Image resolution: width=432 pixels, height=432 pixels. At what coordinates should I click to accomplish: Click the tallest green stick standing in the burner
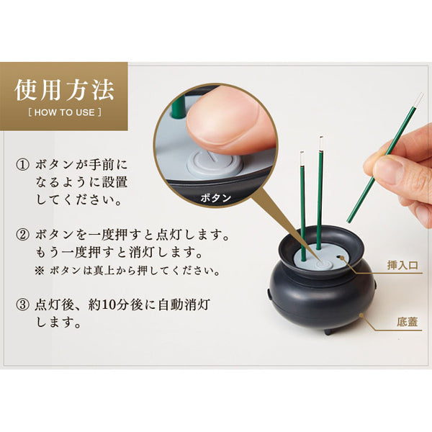pos(319,194)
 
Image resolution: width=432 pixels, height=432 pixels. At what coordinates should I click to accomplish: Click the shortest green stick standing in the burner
pos(303,209)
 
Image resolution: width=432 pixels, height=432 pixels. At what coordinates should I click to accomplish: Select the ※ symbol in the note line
pos(38,271)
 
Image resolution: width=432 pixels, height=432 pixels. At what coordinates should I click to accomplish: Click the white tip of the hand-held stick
pos(417,100)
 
